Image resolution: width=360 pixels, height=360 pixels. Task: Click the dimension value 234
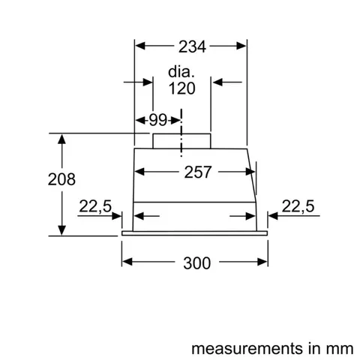click(191, 47)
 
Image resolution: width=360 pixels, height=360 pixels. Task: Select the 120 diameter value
click(181, 89)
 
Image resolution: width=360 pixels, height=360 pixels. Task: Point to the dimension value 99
click(157, 120)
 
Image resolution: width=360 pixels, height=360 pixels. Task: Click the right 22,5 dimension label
click(297, 207)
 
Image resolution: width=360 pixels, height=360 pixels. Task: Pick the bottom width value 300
click(195, 263)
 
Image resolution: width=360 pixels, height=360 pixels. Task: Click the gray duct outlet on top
click(181, 141)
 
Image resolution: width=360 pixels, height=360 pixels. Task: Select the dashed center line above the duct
click(181, 120)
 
